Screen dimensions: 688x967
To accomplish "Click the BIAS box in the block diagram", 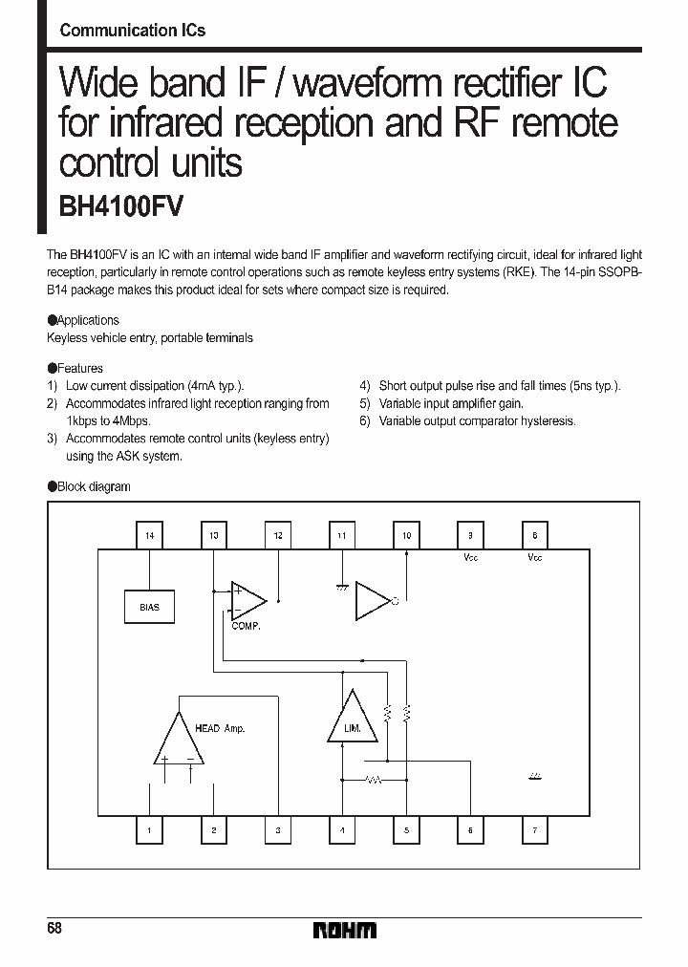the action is coord(149,607).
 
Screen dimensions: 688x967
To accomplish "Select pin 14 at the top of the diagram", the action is coord(149,536).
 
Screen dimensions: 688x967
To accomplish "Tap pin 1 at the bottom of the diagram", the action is coord(149,831).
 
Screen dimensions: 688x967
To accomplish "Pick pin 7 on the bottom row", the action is coord(534,831).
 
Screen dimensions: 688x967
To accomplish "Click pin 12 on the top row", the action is coord(278,536).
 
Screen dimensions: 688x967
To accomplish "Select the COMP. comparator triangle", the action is coord(247,601).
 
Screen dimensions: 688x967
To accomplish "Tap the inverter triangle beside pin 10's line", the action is coord(372,601).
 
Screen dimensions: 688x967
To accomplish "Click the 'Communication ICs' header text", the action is coord(132,31).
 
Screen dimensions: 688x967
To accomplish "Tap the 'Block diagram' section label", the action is coord(93,486).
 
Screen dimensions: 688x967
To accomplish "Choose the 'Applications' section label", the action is coord(88,320).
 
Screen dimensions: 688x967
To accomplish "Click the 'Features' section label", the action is coord(79,368).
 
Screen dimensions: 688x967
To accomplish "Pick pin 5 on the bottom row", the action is coord(406,831).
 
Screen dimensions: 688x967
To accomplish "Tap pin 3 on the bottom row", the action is coord(278,831).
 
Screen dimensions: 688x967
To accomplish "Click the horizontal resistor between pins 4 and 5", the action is coord(374,781).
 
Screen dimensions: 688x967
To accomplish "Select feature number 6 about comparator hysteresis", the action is coord(468,420).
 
